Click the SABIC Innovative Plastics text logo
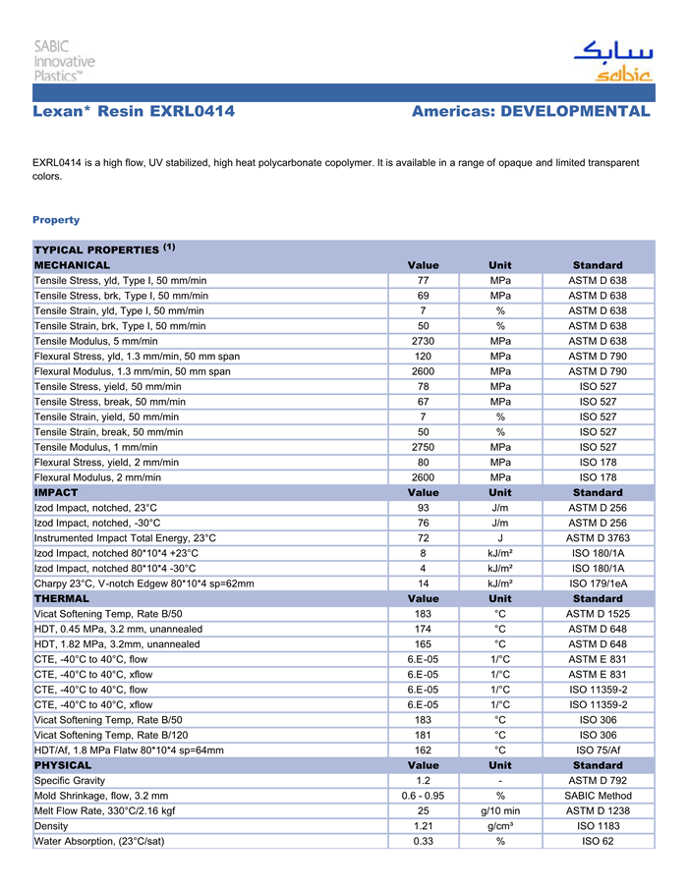click(64, 61)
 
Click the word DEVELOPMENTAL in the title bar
click(575, 112)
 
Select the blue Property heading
click(56, 220)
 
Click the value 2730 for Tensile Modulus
click(423, 341)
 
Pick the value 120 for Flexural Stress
click(423, 357)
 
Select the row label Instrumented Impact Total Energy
click(125, 538)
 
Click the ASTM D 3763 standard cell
click(598, 538)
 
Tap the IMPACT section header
click(56, 492)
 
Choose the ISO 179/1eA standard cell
click(598, 583)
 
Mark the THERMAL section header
click(62, 598)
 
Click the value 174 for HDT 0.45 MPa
click(423, 629)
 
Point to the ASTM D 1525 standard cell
click(598, 614)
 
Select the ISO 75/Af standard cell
click(598, 750)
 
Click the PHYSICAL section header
click(63, 765)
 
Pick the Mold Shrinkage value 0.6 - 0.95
click(423, 796)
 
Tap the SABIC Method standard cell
click(598, 796)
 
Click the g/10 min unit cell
click(500, 811)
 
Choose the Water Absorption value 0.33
click(423, 841)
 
